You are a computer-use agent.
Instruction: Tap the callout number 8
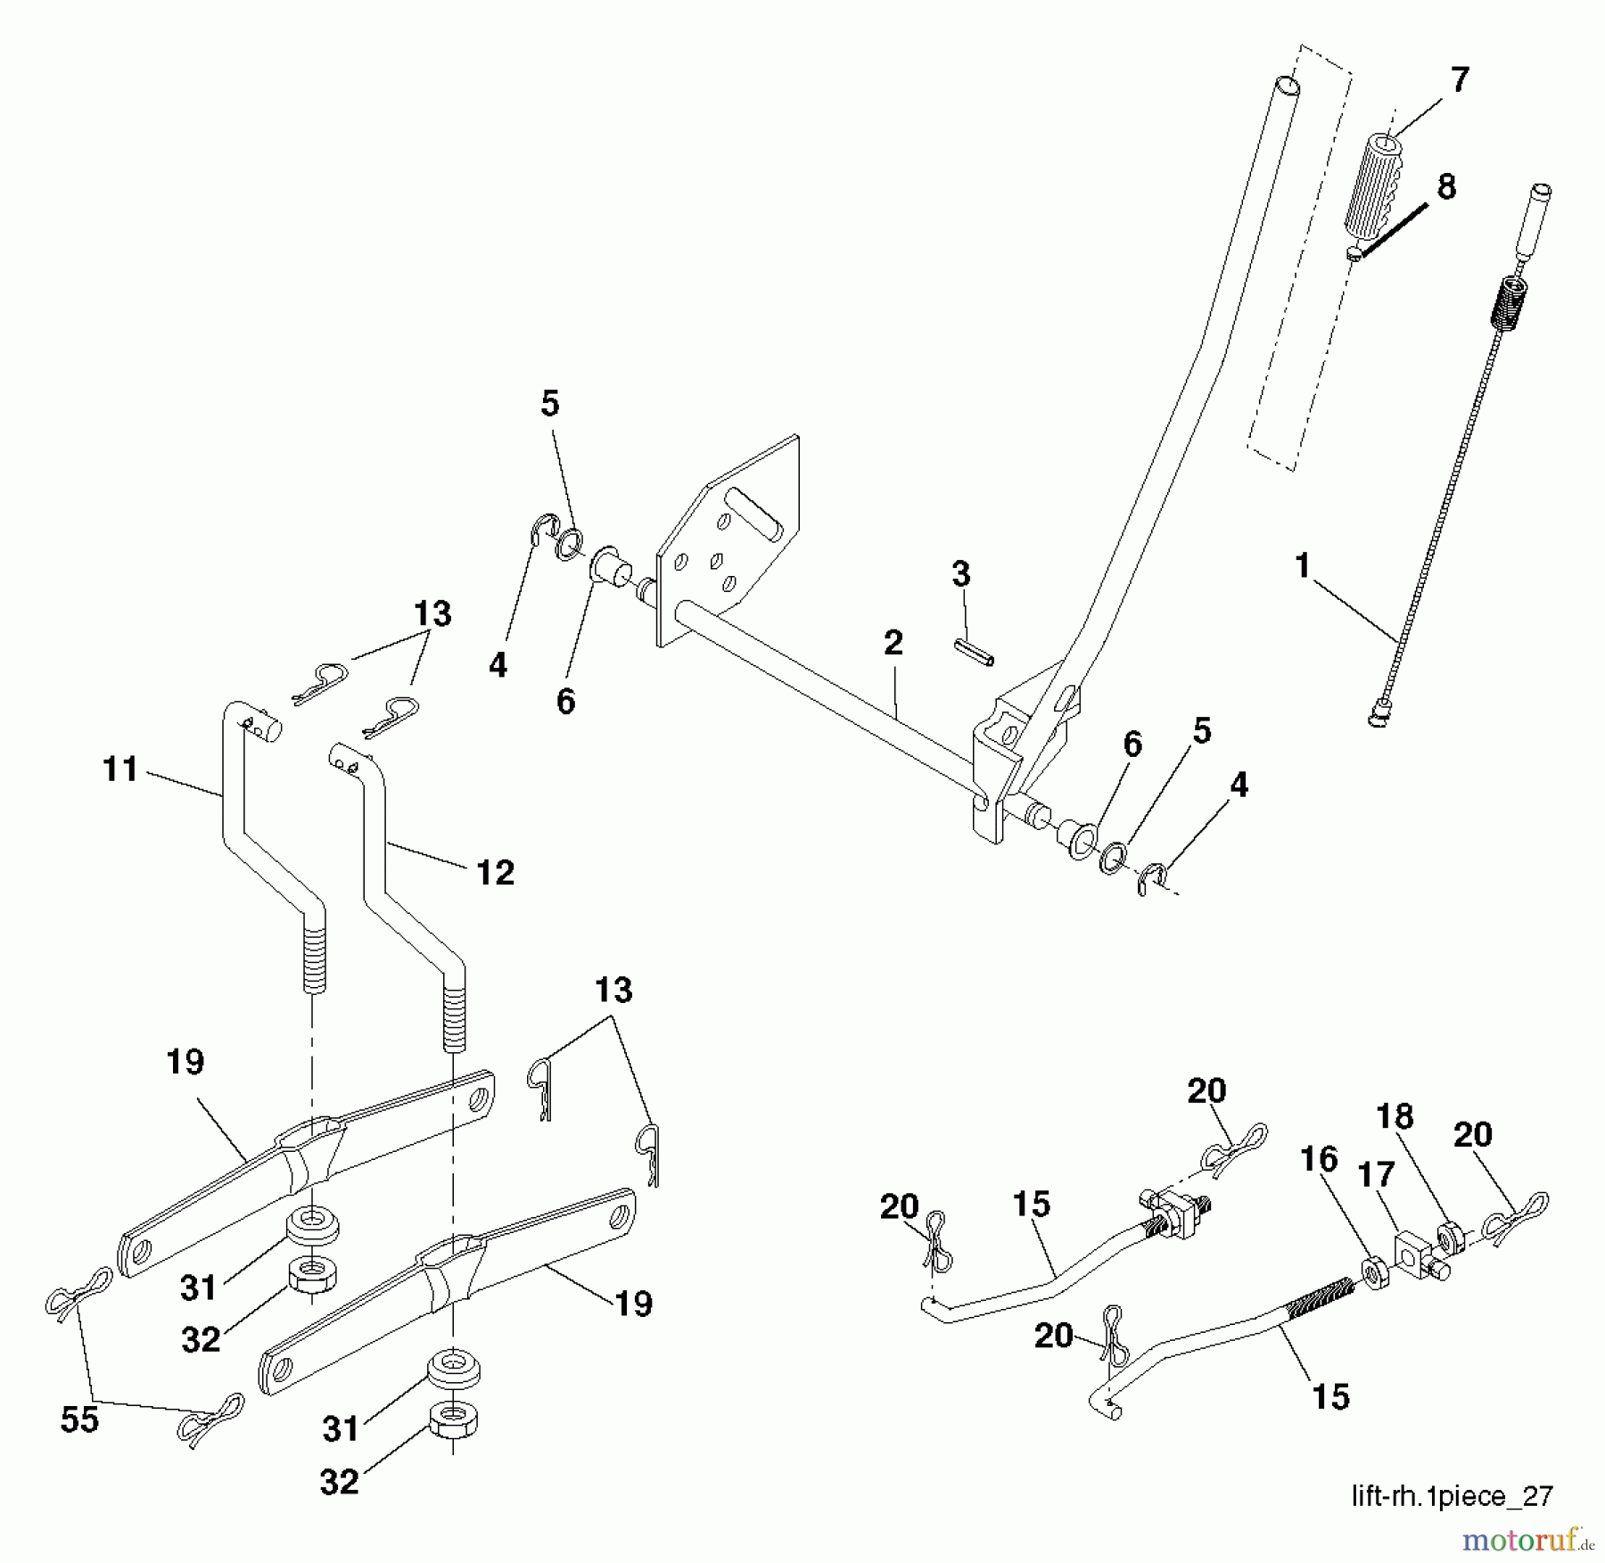[x=1446, y=187]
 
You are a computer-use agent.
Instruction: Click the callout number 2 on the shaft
[x=893, y=643]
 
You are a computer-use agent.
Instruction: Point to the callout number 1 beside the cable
[x=1303, y=565]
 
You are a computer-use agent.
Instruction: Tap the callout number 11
[x=120, y=769]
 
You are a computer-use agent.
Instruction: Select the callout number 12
[x=495, y=872]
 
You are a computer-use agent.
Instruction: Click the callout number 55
[x=78, y=1419]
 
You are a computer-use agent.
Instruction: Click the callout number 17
[x=1376, y=1175]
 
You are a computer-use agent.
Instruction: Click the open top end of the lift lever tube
[x=1286, y=87]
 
